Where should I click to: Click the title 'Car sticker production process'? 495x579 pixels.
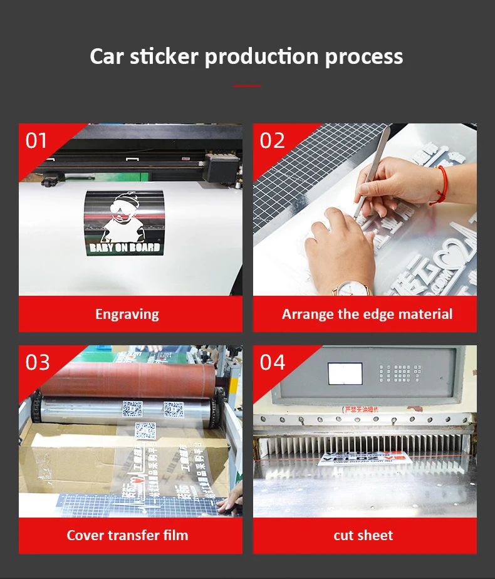(x=246, y=56)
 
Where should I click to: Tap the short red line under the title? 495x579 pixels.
(x=246, y=86)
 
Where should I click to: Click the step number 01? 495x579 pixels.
(x=36, y=140)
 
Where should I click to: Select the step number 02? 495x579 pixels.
(x=272, y=140)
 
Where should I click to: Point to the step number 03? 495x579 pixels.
(x=37, y=362)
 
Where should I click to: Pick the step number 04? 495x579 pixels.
(x=272, y=362)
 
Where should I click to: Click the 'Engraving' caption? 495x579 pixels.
(x=127, y=314)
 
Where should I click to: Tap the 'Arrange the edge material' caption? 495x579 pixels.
(x=367, y=314)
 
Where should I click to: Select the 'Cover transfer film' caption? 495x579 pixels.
(x=127, y=535)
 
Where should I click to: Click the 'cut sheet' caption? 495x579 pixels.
(x=363, y=535)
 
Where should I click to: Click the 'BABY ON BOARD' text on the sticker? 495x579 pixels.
(x=125, y=248)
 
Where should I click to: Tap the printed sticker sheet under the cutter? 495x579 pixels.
(x=351, y=458)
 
